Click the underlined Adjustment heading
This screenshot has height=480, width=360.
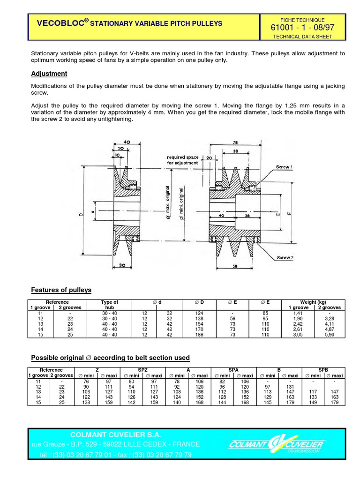(49, 74)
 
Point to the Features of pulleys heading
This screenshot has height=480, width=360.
(61, 290)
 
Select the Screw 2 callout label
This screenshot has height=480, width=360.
(285, 258)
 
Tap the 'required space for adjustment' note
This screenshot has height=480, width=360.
(182, 160)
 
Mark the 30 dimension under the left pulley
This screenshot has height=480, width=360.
(122, 265)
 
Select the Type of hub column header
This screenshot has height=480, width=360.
(110, 305)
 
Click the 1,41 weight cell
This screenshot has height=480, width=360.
(298, 313)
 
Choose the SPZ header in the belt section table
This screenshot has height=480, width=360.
(143, 370)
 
